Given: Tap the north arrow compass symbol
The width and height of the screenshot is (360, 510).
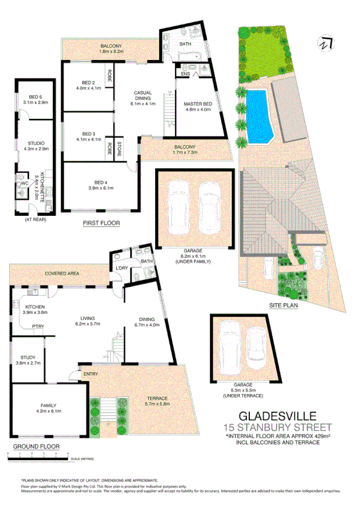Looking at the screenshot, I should pyautogui.click(x=325, y=44).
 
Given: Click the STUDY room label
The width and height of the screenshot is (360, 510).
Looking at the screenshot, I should pyautogui.click(x=28, y=360).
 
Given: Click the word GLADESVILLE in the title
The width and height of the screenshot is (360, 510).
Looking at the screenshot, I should pyautogui.click(x=277, y=416).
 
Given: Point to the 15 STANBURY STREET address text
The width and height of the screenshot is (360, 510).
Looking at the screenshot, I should pyautogui.click(x=277, y=428).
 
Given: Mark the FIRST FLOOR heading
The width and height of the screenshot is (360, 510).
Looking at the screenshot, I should pyautogui.click(x=101, y=223).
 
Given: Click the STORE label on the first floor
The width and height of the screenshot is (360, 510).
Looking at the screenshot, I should pyautogui.click(x=120, y=147).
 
